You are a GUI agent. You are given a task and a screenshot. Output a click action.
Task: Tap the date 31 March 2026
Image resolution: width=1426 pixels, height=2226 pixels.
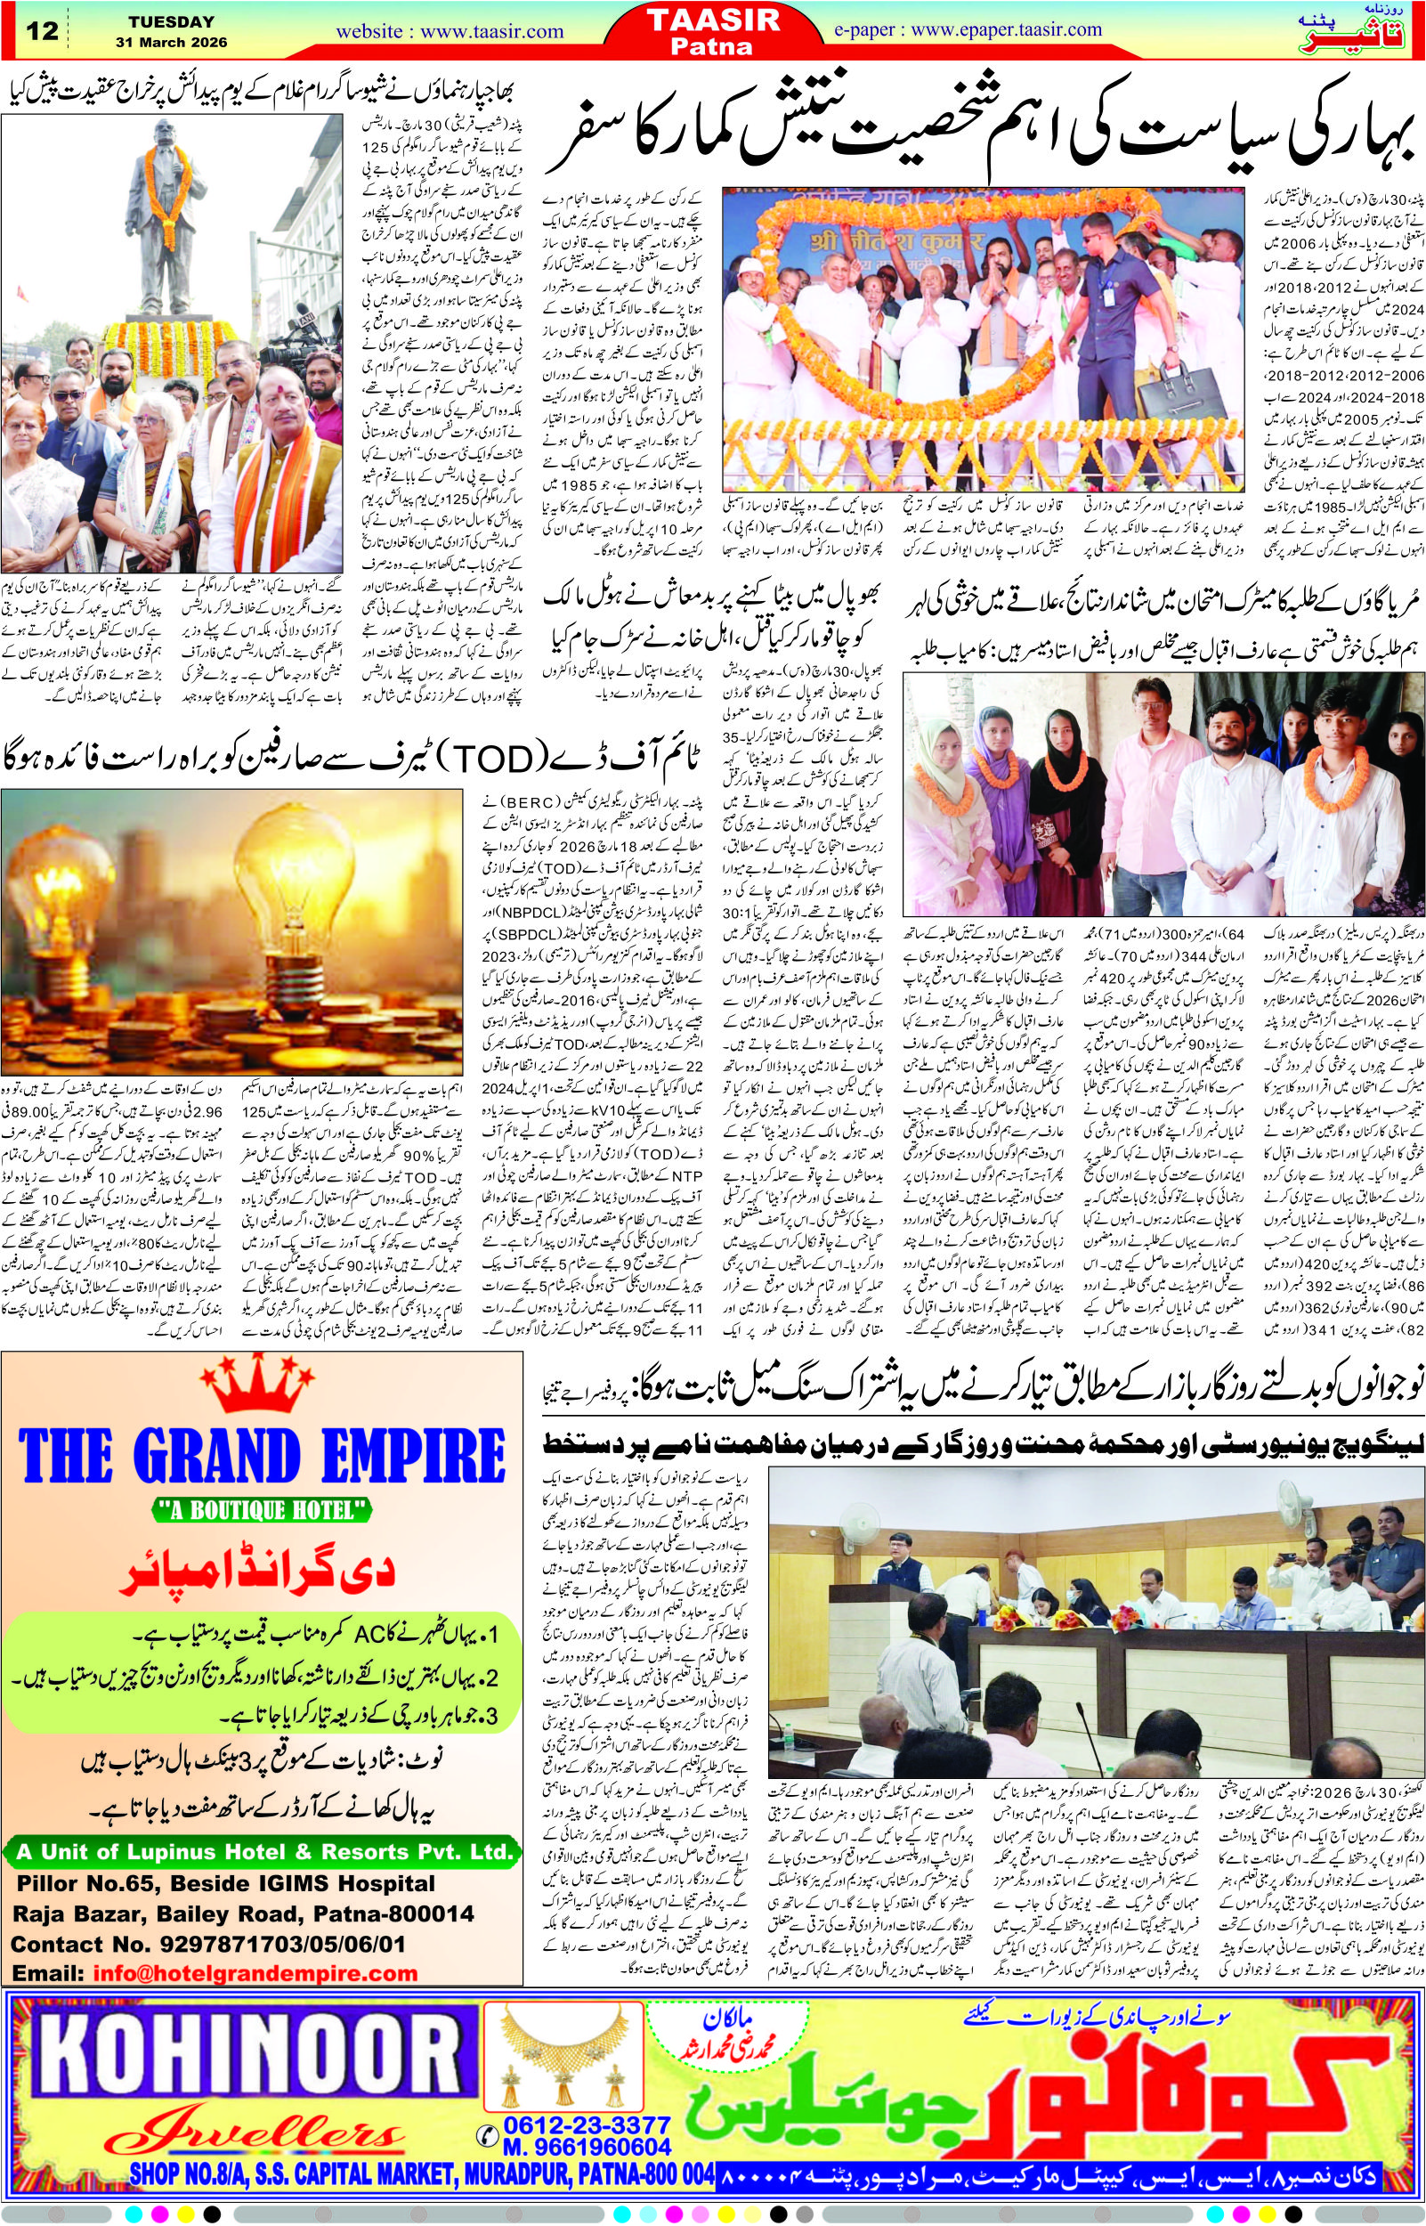171,43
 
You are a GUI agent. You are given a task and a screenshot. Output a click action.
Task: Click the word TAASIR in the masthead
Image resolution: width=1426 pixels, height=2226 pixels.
713,20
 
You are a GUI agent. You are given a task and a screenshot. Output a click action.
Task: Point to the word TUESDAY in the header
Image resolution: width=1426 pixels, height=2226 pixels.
171,21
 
